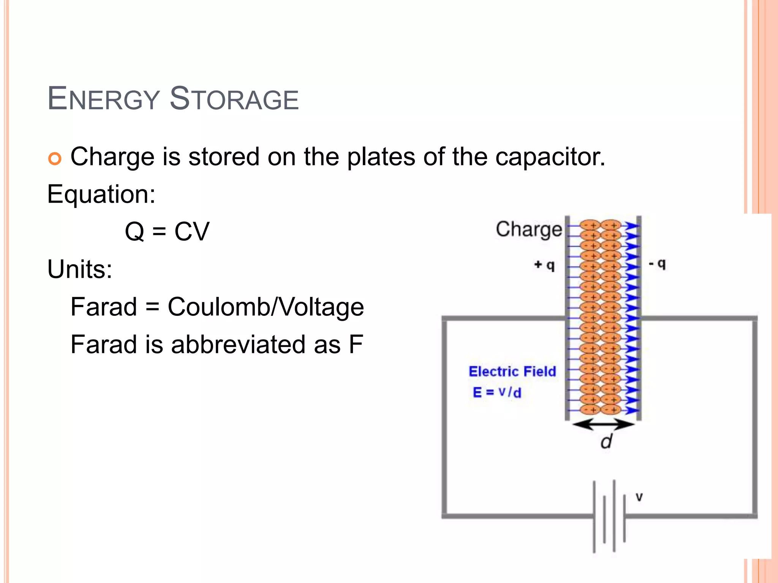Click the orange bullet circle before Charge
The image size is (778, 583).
tap(55, 159)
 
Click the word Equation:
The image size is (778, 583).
tap(101, 194)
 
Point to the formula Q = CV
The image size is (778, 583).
tap(167, 231)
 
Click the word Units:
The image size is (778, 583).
tap(80, 269)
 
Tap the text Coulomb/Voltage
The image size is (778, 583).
tap(266, 307)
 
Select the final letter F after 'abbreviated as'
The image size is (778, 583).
tap(356, 344)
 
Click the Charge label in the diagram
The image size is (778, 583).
tap(528, 229)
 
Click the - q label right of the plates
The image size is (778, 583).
tap(657, 263)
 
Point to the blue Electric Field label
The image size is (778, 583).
tap(512, 371)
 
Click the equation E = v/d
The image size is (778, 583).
tap(497, 392)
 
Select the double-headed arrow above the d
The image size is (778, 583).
tap(603, 424)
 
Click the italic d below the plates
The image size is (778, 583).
tap(606, 441)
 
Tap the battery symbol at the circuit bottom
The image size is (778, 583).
tap(609, 516)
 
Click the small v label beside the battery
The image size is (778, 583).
tap(639, 497)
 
